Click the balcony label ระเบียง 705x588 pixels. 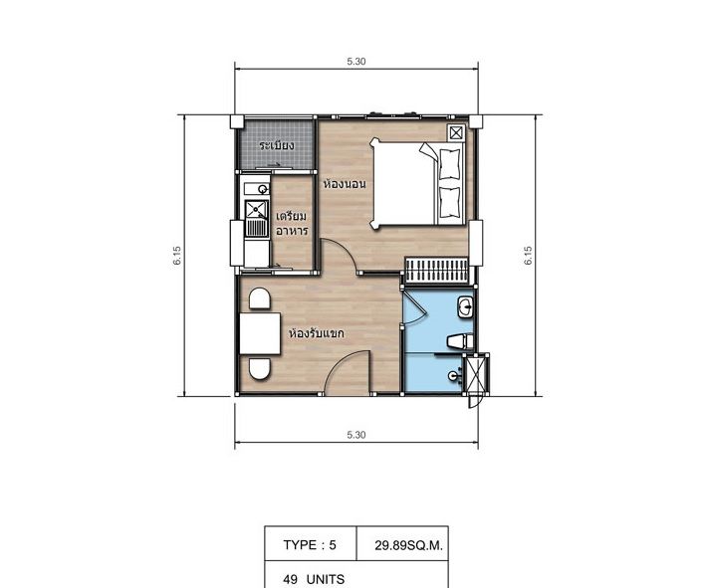[277, 145]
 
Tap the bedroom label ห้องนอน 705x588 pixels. [345, 184]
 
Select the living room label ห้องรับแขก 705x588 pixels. [317, 333]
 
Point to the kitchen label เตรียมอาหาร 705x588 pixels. [292, 223]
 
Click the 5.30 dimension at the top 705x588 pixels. [356, 62]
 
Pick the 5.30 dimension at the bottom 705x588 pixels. [356, 435]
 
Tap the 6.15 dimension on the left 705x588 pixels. [176, 255]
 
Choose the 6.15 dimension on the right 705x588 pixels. [528, 255]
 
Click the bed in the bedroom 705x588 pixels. [417, 183]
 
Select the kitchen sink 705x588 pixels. [257, 209]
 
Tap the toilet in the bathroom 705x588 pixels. [460, 341]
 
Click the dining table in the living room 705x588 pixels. [260, 333]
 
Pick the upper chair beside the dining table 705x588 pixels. [260, 298]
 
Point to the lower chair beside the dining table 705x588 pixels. [260, 368]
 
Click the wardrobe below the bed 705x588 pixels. [436, 270]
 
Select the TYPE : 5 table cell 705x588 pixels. [311, 544]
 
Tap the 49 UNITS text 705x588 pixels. [314, 579]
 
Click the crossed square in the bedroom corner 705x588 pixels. [455, 133]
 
